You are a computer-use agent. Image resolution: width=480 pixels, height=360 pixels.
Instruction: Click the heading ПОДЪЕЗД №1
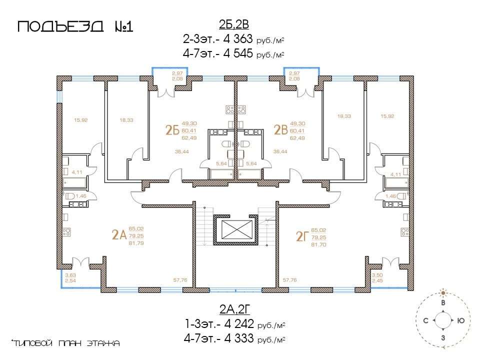[x=75, y=26]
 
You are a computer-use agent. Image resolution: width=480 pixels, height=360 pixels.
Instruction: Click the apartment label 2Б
[x=172, y=130]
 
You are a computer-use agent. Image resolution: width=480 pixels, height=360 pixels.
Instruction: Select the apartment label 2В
[x=280, y=130]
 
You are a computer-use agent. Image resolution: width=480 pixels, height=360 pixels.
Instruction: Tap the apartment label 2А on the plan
[x=119, y=235]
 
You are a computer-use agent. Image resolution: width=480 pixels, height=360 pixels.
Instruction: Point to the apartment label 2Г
[x=302, y=236]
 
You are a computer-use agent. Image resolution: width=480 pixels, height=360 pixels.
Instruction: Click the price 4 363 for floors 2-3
[x=238, y=39]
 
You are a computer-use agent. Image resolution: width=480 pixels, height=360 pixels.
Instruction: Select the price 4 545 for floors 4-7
[x=238, y=53]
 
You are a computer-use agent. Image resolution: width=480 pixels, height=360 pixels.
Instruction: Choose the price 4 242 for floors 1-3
[x=239, y=323]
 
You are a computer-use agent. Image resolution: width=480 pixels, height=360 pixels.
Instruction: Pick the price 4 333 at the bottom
[x=239, y=338]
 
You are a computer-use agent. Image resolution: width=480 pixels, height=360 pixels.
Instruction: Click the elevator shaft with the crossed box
[x=235, y=229]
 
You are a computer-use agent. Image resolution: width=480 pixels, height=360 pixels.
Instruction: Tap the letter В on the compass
[x=442, y=303]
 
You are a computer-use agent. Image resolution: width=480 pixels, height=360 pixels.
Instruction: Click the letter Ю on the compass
[x=460, y=320]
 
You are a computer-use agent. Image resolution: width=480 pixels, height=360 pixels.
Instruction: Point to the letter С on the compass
[x=425, y=321]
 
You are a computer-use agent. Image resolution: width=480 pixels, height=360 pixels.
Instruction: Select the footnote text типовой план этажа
[x=65, y=343]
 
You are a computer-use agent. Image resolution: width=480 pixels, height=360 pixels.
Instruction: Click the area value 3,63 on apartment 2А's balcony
[x=70, y=275]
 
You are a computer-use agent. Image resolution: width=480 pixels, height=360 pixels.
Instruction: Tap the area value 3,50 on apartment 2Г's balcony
[x=377, y=275]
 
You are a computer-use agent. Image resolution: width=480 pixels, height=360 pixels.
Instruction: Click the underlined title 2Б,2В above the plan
[x=234, y=24]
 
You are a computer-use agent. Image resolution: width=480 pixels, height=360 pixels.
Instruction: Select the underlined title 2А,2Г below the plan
[x=235, y=309]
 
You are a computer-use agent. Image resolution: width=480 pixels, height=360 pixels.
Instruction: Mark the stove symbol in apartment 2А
[x=66, y=232]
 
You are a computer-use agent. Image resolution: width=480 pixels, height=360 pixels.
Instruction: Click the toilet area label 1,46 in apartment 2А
[x=81, y=196]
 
